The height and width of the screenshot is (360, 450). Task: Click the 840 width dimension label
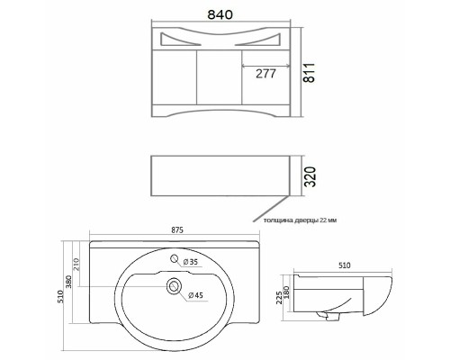(220, 14)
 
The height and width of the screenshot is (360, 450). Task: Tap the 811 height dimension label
(309, 73)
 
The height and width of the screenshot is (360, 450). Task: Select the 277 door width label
(265, 74)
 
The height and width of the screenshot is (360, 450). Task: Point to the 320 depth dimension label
(310, 176)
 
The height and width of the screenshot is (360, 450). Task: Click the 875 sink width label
(177, 230)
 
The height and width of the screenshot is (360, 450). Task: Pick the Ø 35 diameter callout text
(190, 262)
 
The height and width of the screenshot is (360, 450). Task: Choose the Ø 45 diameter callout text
(195, 295)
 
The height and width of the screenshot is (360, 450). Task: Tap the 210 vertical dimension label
(76, 265)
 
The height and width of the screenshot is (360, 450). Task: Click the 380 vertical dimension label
(68, 282)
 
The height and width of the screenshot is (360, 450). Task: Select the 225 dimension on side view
(279, 297)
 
